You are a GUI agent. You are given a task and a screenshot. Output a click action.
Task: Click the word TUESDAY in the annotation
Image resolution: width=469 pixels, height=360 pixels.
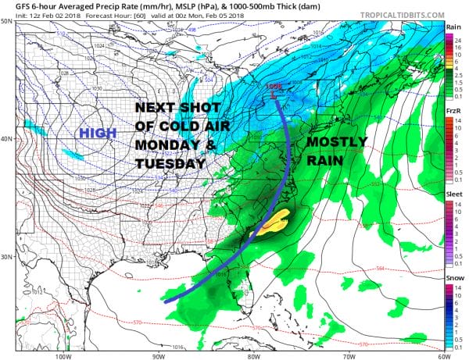170,164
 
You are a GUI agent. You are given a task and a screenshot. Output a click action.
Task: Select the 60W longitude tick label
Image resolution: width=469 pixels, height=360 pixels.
442,355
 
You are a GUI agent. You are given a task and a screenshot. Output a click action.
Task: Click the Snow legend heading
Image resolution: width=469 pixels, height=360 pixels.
453,277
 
